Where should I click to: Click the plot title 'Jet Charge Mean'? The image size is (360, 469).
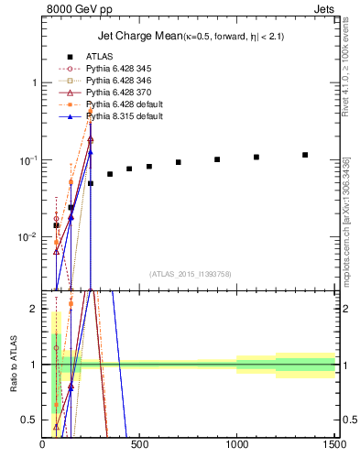(136, 37)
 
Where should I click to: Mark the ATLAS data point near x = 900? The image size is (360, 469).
(217, 159)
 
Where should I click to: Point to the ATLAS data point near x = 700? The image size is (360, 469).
(179, 162)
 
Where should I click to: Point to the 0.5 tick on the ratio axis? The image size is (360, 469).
(31, 420)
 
